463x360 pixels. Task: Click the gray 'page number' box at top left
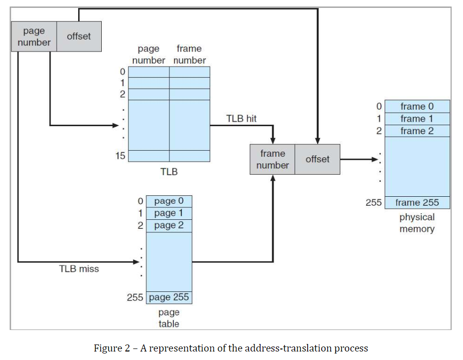click(x=34, y=37)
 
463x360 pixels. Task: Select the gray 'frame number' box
click(x=273, y=159)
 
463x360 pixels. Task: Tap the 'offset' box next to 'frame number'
click(x=317, y=159)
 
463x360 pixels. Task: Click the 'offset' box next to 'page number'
click(x=79, y=36)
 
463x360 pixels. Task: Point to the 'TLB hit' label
click(x=241, y=119)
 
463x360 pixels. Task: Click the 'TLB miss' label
click(x=79, y=269)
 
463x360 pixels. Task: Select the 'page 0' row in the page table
click(x=169, y=201)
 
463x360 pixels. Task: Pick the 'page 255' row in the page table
click(x=169, y=297)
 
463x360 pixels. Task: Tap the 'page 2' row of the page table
click(x=169, y=225)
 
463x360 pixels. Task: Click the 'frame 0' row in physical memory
click(x=417, y=107)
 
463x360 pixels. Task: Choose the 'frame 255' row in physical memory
click(x=417, y=203)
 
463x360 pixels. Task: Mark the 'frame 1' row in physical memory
click(x=417, y=119)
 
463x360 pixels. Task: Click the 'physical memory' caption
click(x=417, y=223)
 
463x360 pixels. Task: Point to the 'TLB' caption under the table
click(x=169, y=171)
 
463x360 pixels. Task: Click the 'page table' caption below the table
click(x=169, y=318)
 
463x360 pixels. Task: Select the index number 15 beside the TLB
click(x=120, y=156)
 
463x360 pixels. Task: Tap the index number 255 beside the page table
click(x=135, y=297)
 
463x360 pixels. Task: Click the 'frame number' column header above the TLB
click(x=189, y=55)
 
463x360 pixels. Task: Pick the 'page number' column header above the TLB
click(x=149, y=55)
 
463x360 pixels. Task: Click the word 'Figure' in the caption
click(x=108, y=348)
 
